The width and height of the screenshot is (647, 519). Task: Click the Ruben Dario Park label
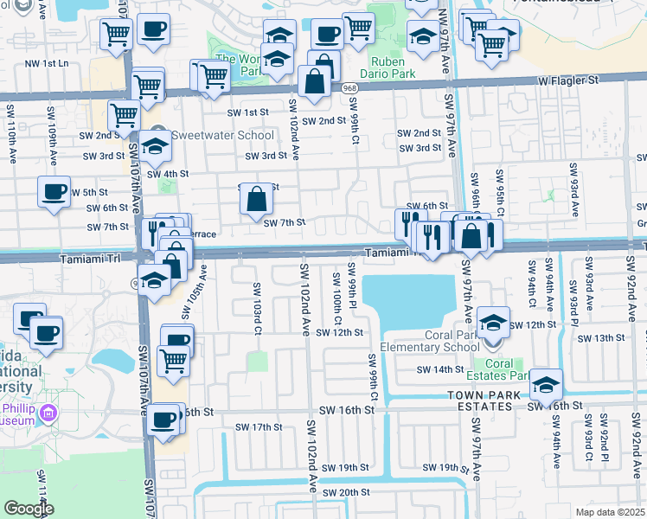394,67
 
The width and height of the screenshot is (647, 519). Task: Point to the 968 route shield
349,88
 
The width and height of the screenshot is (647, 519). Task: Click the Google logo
29,509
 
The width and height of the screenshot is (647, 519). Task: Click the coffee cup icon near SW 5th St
54,190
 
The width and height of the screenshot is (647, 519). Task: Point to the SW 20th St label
346,492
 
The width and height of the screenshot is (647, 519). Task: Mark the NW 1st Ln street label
46,64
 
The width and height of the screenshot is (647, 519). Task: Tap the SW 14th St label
440,369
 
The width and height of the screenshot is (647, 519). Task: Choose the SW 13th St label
603,338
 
